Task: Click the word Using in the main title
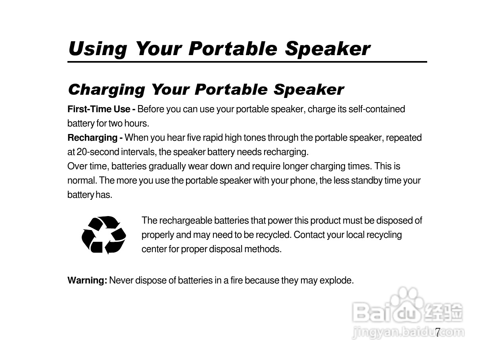(98, 50)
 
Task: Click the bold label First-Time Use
(99, 109)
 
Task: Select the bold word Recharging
(92, 138)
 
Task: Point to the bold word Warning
(87, 280)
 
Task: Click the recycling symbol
(104, 235)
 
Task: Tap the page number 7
(437, 332)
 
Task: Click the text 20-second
(98, 152)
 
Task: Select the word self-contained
(376, 109)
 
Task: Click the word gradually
(167, 167)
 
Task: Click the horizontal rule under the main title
(247, 62)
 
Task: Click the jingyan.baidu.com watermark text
(408, 332)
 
